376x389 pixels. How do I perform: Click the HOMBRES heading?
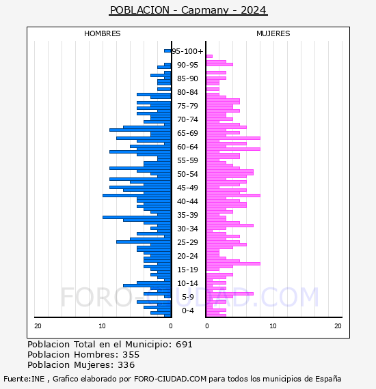click(102, 33)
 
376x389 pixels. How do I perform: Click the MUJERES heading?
click(273, 33)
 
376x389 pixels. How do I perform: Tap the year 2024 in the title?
click(253, 10)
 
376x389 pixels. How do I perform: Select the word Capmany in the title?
click(205, 11)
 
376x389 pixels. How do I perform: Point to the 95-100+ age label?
click(187, 51)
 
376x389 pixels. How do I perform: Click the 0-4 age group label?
click(187, 311)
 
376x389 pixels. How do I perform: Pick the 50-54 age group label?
click(187, 174)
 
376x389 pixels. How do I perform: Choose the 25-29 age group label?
click(187, 242)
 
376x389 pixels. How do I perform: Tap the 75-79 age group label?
click(187, 106)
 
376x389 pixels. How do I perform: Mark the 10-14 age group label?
click(187, 283)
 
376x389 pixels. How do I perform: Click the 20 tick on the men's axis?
click(38, 326)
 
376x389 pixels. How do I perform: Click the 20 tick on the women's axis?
click(338, 326)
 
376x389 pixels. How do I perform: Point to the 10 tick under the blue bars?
click(102, 326)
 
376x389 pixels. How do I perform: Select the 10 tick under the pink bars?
click(273, 326)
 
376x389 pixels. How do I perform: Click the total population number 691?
click(184, 345)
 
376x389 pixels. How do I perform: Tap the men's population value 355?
click(131, 354)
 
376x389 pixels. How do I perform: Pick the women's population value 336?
click(126, 364)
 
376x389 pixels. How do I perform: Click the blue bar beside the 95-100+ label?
click(167, 51)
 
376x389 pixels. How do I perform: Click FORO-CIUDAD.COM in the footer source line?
click(170, 379)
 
